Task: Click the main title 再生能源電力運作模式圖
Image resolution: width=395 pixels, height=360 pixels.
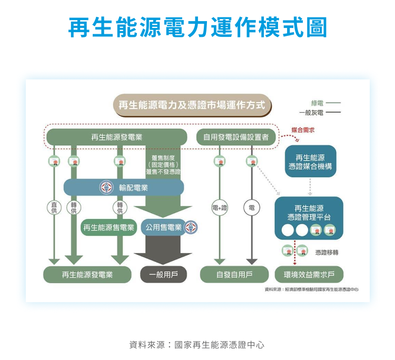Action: coord(197,27)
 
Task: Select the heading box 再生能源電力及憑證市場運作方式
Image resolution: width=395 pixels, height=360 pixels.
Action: coord(192,105)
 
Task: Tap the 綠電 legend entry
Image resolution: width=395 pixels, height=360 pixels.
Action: coord(317,103)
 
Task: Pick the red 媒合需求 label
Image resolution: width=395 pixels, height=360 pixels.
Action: coord(303,129)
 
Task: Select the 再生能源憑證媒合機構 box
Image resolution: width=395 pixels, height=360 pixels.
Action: coord(310,162)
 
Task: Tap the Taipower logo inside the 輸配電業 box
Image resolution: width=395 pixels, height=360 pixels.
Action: coord(107,187)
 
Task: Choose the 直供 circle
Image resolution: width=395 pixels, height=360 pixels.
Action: coord(54,207)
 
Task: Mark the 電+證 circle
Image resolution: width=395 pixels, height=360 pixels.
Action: coord(220,207)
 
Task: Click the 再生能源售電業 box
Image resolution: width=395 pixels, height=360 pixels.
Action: coord(109,227)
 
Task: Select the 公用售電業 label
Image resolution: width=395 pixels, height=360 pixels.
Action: coord(163,227)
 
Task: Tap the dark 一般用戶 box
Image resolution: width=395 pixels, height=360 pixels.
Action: coord(163,275)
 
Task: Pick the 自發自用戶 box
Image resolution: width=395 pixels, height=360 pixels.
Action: coord(234,275)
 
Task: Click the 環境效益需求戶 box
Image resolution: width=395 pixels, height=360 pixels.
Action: coord(309,275)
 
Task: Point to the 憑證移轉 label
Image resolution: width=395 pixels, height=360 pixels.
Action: coord(327,253)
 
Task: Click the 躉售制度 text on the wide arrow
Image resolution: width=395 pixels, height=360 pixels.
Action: coord(163,158)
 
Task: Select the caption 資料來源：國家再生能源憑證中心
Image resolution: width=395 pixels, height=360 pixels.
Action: coord(197,345)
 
